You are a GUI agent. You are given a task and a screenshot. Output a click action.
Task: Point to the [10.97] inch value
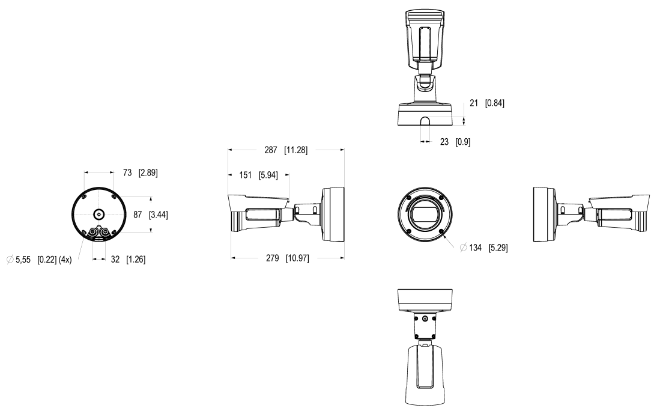(x=298, y=258)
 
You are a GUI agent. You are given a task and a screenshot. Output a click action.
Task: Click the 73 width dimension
(x=127, y=172)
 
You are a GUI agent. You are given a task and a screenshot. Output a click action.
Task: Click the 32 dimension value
(x=115, y=260)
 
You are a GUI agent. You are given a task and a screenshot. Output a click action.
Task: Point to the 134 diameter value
(x=476, y=248)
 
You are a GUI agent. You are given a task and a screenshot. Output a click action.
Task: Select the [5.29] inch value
(x=497, y=248)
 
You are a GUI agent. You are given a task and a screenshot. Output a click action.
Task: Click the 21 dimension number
(x=473, y=103)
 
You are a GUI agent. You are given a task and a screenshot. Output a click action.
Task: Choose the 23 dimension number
(x=444, y=142)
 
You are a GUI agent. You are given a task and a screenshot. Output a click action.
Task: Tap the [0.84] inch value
(x=495, y=103)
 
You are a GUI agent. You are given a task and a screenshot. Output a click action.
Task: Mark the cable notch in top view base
(x=424, y=122)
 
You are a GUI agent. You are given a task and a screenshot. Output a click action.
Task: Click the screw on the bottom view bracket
(x=425, y=318)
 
